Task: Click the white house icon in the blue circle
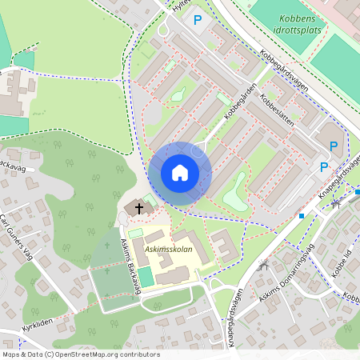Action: [x=180, y=173]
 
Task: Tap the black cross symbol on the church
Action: [x=139, y=208]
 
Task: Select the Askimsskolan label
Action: [x=167, y=250]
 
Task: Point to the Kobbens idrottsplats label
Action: [x=297, y=22]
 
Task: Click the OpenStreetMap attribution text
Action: [x=80, y=354]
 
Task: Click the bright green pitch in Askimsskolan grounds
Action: [x=146, y=277]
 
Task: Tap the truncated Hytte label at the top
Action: [x=182, y=5]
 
